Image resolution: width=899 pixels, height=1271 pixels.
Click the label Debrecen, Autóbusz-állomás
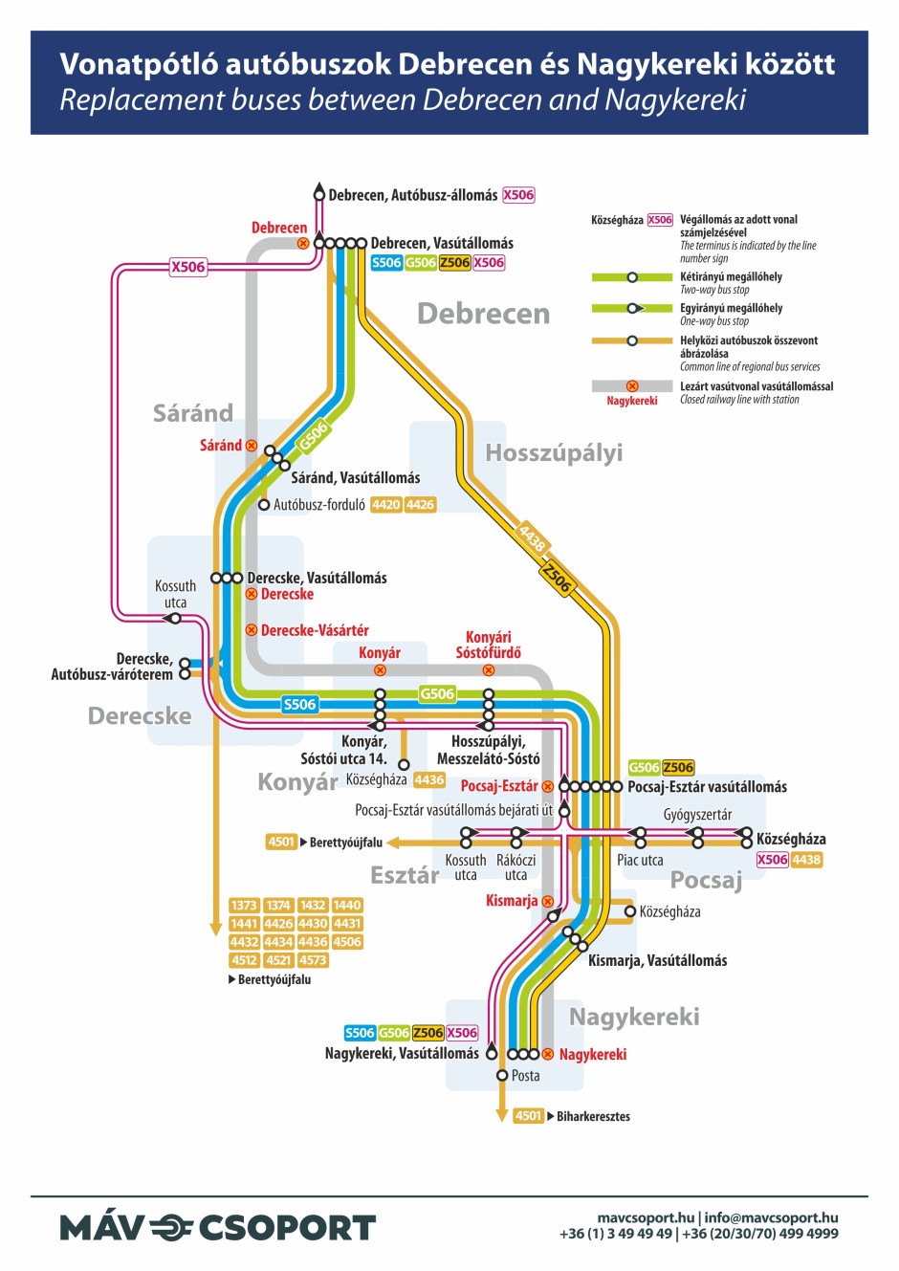tap(412, 195)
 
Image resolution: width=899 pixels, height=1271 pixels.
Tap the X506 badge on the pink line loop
tap(188, 267)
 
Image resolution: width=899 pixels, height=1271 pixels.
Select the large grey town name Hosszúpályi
tap(554, 452)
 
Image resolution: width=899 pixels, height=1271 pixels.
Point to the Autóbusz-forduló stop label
tap(318, 505)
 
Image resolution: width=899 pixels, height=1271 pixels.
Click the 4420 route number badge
tap(386, 505)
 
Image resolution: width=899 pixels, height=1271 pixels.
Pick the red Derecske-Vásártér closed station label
tap(315, 630)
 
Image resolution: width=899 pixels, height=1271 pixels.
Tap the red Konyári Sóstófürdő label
tap(489, 645)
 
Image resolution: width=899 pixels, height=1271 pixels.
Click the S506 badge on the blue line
tap(299, 705)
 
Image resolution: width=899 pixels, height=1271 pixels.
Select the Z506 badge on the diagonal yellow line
tap(557, 578)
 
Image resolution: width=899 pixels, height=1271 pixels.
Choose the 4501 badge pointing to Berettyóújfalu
tap(281, 843)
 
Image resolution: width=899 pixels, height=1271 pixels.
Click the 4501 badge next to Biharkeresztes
tap(528, 1116)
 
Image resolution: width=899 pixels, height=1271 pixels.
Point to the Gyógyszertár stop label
tap(697, 815)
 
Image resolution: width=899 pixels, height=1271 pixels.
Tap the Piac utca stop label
tap(640, 861)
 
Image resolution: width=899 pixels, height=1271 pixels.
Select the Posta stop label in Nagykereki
tap(525, 1076)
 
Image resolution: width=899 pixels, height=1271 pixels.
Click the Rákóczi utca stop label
tap(515, 867)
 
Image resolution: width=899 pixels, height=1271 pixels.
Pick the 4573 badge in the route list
tap(313, 960)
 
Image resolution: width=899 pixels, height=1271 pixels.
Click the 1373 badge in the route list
tap(244, 905)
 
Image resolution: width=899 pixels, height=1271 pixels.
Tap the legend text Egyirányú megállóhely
tap(731, 308)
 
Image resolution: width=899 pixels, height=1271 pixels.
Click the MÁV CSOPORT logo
tap(218, 1227)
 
